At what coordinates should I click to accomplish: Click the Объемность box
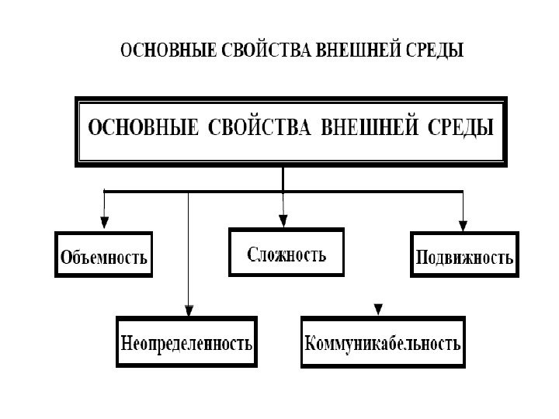pos(103,255)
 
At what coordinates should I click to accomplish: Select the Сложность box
pos(286,252)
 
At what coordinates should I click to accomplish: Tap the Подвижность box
pos(464,255)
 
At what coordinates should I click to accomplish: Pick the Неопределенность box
pos(186,341)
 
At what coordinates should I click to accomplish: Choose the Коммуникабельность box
pos(383,341)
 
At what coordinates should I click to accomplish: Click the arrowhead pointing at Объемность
pos(104,224)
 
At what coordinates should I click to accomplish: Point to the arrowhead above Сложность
pos(283,220)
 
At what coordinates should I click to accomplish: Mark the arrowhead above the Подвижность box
pos(464,225)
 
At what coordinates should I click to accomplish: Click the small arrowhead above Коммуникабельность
pos(378,309)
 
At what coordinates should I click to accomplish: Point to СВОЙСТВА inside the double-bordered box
pos(260,128)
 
